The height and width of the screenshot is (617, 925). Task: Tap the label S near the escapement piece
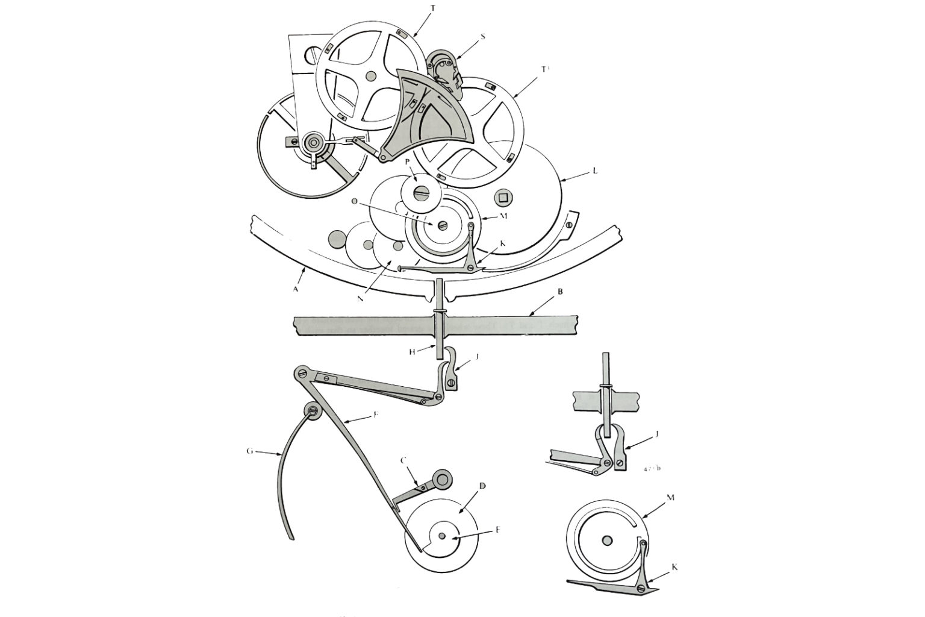click(483, 37)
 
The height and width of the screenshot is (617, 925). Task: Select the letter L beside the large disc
click(595, 171)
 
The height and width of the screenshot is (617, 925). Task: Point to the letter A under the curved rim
click(296, 289)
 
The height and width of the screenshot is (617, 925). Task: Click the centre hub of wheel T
click(371, 75)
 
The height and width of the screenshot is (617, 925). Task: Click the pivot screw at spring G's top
click(312, 412)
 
